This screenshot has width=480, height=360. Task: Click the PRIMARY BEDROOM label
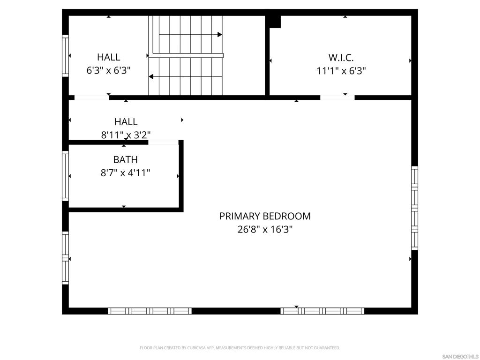coord(265,216)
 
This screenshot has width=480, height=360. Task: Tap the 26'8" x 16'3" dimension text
coord(265,230)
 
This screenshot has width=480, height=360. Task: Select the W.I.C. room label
coord(341,58)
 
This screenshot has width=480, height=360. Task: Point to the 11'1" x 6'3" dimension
coord(341,71)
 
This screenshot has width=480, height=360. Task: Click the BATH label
coord(125,160)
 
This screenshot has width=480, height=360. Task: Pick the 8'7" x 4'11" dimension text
coord(125,173)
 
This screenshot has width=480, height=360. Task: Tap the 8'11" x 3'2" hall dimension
coord(126,135)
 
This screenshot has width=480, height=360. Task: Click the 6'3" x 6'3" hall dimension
coord(108,71)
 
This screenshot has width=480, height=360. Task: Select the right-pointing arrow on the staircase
coord(219,35)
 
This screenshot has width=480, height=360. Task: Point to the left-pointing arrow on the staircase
coord(151,76)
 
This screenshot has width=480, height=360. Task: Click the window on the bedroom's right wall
coord(414,208)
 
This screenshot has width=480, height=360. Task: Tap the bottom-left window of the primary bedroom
coord(150,311)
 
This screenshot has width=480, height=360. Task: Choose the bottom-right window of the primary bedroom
coord(322,311)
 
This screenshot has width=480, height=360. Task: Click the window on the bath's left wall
coord(66,176)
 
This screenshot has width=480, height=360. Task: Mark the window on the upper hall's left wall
coord(66,56)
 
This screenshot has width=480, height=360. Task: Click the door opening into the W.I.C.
coord(337,97)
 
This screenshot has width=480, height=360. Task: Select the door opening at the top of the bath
coord(163,142)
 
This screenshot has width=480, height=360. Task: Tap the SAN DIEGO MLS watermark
coord(460,356)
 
